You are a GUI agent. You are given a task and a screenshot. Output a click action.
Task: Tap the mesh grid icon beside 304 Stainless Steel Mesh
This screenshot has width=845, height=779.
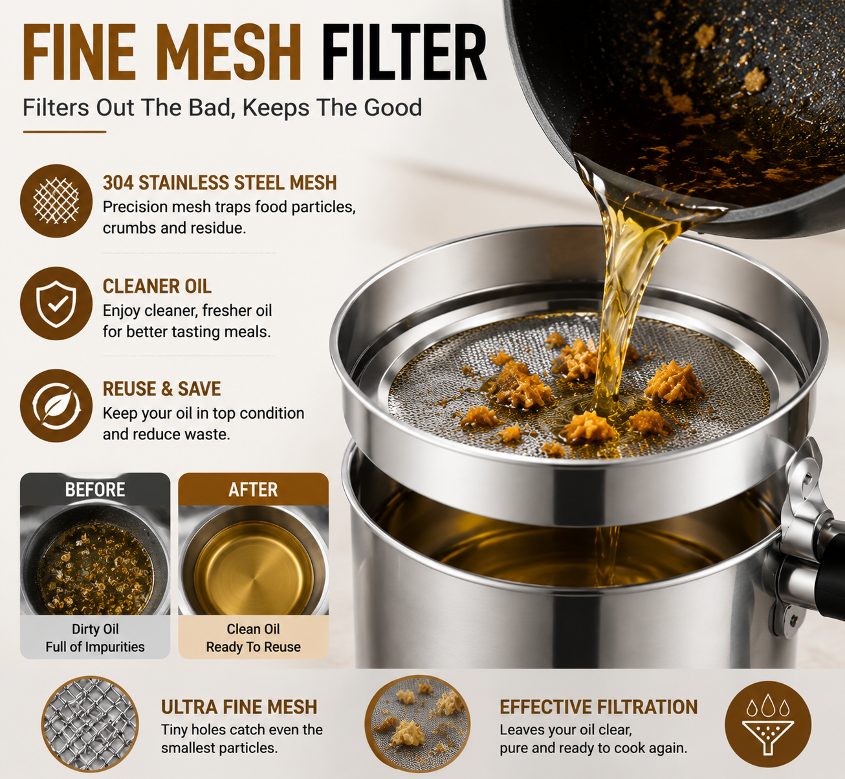pos(56,201)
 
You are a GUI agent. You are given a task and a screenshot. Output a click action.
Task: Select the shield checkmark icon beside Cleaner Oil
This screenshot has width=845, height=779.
pos(56,303)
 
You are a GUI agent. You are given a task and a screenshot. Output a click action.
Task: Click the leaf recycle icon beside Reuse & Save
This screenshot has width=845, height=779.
pos(56,406)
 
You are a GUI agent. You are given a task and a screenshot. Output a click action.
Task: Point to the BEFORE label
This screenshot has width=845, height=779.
pos(95,490)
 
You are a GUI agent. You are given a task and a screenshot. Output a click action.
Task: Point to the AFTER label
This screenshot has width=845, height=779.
pos(253,490)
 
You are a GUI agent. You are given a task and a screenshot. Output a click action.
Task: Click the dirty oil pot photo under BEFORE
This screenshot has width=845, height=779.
pos(95,560)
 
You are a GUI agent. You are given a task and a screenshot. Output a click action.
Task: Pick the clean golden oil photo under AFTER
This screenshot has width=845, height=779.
pos(253,560)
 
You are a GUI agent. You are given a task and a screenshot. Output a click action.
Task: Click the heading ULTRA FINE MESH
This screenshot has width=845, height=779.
pos(239,707)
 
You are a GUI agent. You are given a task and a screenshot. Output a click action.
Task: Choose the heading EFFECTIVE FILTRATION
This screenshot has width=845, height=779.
pos(598,707)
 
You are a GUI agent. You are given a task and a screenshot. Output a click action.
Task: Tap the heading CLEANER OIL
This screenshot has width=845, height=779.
pos(157,287)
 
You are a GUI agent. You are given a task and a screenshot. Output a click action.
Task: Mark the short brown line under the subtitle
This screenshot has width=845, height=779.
pos(64,132)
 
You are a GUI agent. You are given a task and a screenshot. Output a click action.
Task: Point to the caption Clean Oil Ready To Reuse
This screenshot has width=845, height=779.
pos(253,638)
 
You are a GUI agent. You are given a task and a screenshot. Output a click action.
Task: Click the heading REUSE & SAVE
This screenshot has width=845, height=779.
pos(162,389)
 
